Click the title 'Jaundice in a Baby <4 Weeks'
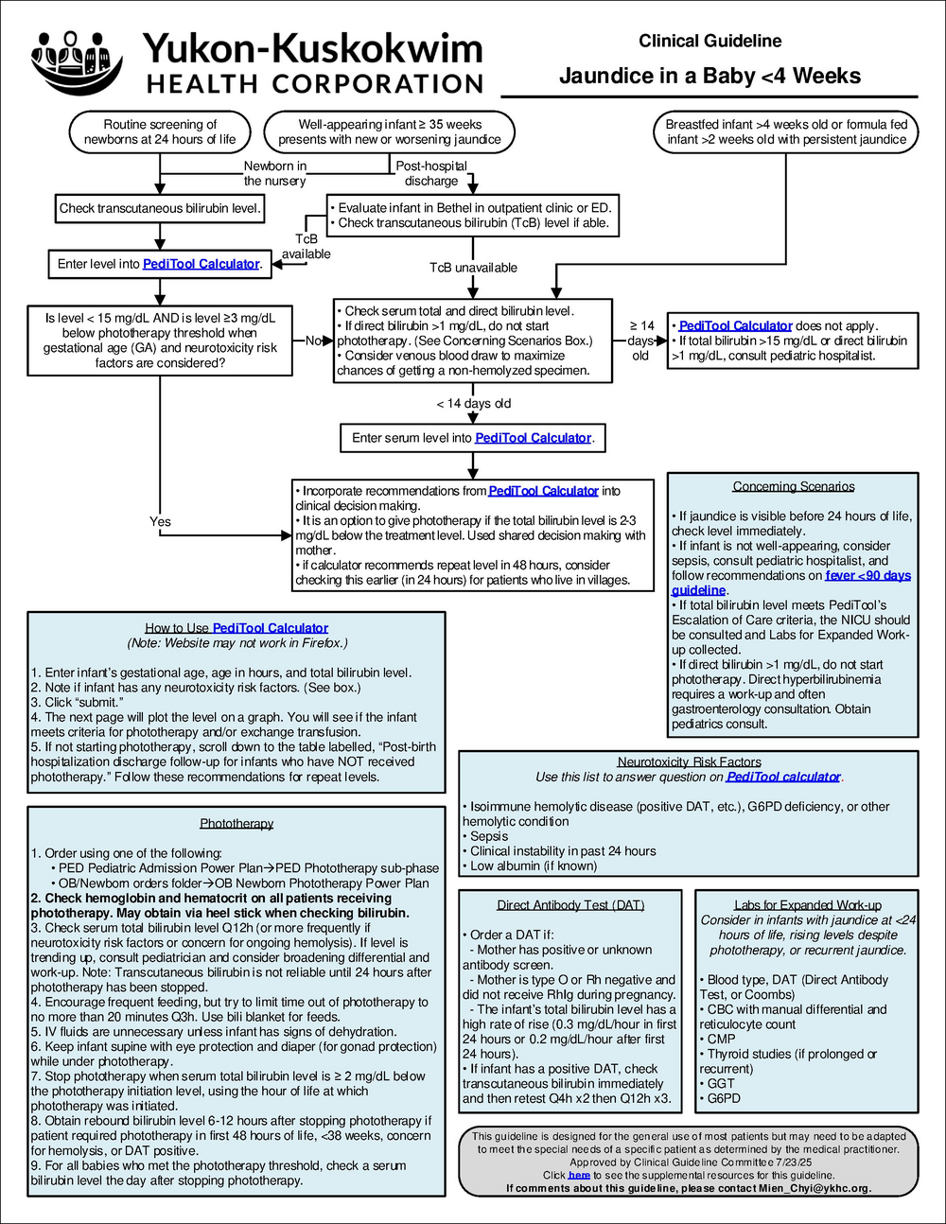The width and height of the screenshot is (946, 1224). point(709,76)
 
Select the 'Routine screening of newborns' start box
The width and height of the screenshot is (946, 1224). point(160,131)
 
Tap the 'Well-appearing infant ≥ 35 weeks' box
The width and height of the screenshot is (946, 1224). point(389,131)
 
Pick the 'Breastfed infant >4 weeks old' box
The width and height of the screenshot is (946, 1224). point(785,131)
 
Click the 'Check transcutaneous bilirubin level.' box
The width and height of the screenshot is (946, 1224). point(160,208)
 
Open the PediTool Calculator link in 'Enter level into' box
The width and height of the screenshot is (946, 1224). point(201,264)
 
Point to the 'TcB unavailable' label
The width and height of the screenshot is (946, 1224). point(473,268)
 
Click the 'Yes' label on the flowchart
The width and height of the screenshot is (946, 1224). point(160,521)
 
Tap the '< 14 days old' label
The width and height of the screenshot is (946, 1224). point(473,403)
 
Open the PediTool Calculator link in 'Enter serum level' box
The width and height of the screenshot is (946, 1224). point(533,438)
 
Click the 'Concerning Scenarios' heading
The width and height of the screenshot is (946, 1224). point(793,486)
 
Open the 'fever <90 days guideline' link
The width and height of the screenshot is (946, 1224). point(867,575)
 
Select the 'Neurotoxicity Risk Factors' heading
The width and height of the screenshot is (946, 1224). point(689,761)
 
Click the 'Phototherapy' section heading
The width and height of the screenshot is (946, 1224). point(236,823)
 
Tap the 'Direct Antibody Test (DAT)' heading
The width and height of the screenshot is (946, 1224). point(570,904)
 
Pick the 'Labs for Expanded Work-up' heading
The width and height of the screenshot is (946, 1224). point(807,904)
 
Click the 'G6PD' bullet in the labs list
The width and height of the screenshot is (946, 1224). point(724,1098)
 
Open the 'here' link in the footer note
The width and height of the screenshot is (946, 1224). point(579,1175)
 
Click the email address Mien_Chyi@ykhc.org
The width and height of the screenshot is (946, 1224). point(823,1188)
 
